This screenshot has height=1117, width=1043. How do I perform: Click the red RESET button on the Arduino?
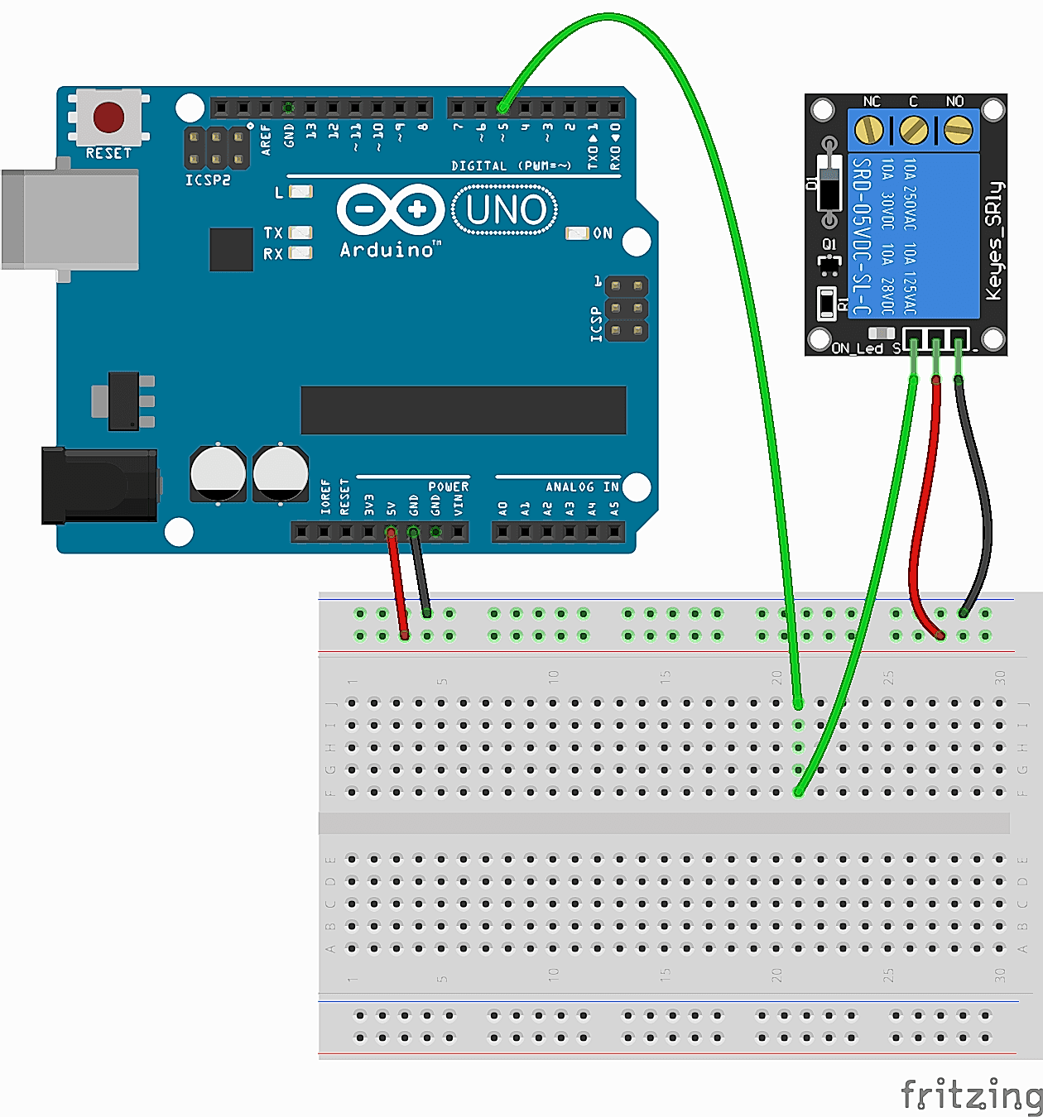pos(108,117)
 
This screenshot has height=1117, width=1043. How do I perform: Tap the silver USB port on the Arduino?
pos(70,219)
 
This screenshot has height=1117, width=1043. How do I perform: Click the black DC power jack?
pos(99,486)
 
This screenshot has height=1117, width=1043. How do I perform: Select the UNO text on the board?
pos(505,210)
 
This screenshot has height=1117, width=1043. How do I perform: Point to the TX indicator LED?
pos(300,233)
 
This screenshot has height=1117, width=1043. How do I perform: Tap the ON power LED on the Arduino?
pos(577,233)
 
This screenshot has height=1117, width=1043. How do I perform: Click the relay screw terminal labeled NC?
pos(868,129)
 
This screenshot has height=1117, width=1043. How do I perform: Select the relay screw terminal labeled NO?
pos(958,129)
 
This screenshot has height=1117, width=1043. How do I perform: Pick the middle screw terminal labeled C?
pos(913,129)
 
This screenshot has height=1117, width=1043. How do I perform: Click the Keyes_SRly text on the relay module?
pos(994,240)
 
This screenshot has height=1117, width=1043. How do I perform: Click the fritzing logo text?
pos(970,1095)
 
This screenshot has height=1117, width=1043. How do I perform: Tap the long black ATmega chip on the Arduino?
pos(463,410)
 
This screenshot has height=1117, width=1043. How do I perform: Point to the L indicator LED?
pos(300,192)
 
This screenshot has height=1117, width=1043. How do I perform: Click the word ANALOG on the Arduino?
pos(570,487)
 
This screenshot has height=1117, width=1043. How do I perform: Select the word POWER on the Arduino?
pos(448,487)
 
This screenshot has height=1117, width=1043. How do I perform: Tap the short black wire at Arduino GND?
pos(421,573)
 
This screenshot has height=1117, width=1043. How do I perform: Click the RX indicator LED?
pos(300,253)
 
